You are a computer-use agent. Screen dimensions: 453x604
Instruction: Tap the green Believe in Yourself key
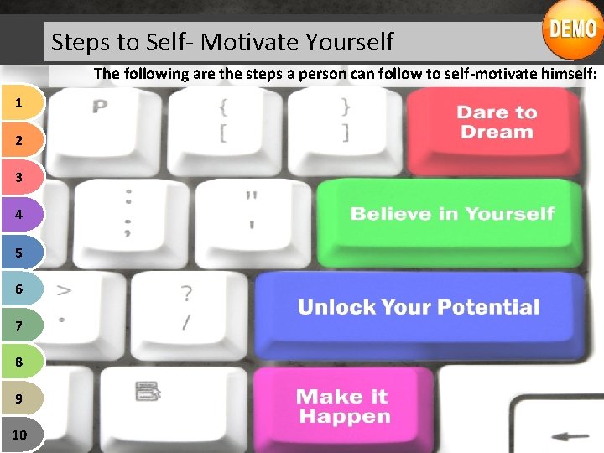pyautogui.click(x=451, y=215)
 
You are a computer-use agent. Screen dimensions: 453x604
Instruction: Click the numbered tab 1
pyautogui.click(x=19, y=103)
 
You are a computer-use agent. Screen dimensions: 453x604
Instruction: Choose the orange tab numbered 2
pyautogui.click(x=19, y=140)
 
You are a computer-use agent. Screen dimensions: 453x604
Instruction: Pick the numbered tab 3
pyautogui.click(x=19, y=177)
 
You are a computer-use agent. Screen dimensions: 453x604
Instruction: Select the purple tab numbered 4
pyautogui.click(x=19, y=214)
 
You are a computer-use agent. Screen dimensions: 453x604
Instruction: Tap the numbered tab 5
pyautogui.click(x=19, y=251)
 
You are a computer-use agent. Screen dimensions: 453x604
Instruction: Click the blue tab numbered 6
pyautogui.click(x=19, y=288)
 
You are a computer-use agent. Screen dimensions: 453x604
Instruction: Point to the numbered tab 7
pyautogui.click(x=19, y=325)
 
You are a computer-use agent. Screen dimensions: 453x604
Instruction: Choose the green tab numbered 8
pyautogui.click(x=19, y=362)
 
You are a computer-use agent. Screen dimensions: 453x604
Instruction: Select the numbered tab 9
pyautogui.click(x=19, y=398)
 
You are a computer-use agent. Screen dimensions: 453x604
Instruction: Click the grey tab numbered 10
pyautogui.click(x=19, y=435)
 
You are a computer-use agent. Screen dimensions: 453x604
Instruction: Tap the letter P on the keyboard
pyautogui.click(x=101, y=107)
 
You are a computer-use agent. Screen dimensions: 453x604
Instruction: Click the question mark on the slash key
pyautogui.click(x=186, y=294)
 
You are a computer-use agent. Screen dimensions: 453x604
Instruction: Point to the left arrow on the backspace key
pyautogui.click(x=574, y=436)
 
